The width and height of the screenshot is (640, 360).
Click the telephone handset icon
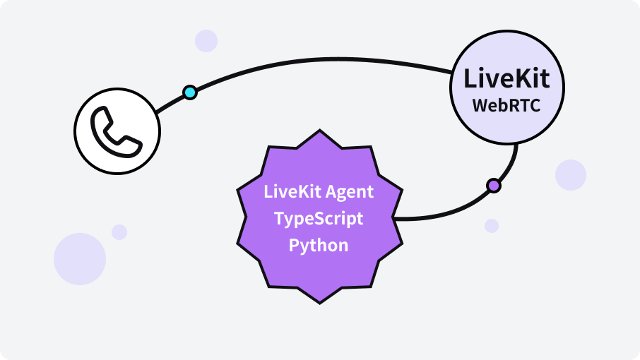pyautogui.click(x=117, y=131)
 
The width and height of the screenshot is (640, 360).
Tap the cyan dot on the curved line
pyautogui.click(x=189, y=92)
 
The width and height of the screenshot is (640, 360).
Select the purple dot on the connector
pyautogui.click(x=494, y=186)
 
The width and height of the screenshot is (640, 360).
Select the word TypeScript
pyautogui.click(x=319, y=218)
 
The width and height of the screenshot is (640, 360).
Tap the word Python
pyautogui.click(x=319, y=245)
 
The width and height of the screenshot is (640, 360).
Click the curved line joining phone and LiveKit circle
pyautogui.click(x=318, y=62)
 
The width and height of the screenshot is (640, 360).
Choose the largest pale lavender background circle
pyautogui.click(x=80, y=259)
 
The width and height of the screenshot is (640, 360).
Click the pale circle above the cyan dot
pyautogui.click(x=206, y=40)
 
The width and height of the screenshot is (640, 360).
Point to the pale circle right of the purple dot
pyautogui.click(x=570, y=175)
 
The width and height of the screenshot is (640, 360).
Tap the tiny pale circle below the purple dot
pyautogui.click(x=492, y=226)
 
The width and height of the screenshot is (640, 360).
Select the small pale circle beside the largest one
pyautogui.click(x=119, y=232)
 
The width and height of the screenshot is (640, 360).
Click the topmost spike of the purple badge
pyautogui.click(x=319, y=132)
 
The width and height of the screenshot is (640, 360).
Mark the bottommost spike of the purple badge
pyautogui.click(x=319, y=301)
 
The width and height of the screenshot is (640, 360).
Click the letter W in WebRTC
pyautogui.click(x=480, y=105)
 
